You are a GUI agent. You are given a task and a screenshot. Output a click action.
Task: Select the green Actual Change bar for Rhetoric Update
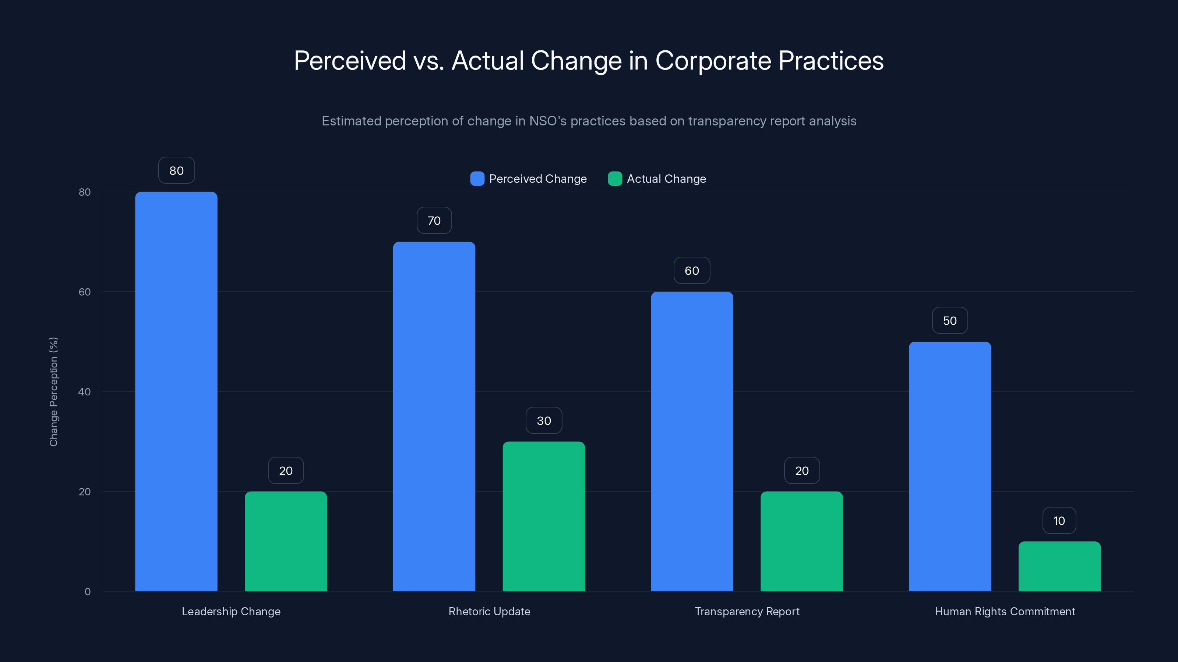[x=543, y=516]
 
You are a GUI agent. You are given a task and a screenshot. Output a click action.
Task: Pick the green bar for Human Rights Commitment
[x=1059, y=566]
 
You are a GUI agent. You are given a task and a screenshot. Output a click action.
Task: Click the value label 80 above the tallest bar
[x=177, y=170]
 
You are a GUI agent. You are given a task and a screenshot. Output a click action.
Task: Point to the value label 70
[x=434, y=221]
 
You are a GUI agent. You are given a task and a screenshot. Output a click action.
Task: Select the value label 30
[x=544, y=421]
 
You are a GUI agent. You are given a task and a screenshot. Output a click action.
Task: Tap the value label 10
[x=1059, y=521]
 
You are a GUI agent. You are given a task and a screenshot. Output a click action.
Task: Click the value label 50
[x=950, y=321]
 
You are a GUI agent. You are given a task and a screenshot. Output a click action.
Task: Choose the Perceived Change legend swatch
[x=477, y=179]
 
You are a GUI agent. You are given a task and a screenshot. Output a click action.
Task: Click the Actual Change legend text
[x=666, y=179]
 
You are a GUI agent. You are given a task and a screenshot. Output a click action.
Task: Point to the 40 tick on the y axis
[x=85, y=392]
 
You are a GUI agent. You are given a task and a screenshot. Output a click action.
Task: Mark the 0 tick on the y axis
[x=87, y=592]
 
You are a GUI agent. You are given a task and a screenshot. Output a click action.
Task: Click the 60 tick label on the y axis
[x=85, y=292]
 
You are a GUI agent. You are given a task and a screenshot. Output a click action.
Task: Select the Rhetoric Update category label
[x=489, y=611]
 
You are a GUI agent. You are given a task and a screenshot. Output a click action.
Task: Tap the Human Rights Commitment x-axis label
[x=1004, y=611]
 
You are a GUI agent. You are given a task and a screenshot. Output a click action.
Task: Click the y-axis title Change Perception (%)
[x=53, y=392]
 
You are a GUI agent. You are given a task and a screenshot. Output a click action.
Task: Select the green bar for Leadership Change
[x=286, y=541]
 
